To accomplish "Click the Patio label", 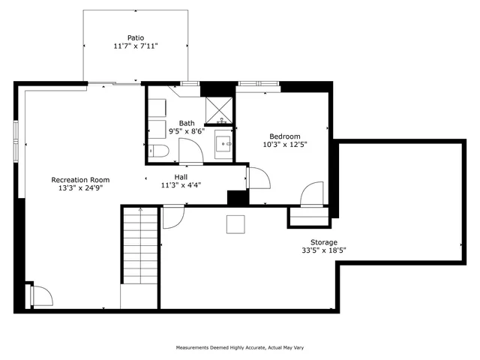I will pyautogui.click(x=135, y=37).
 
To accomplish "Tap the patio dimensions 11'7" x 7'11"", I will pyautogui.click(x=135, y=46).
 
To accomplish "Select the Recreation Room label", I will pyautogui.click(x=80, y=180).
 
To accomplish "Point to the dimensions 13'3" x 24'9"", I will pyautogui.click(x=80, y=189).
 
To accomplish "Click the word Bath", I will pyautogui.click(x=187, y=123).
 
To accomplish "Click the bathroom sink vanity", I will pyautogui.click(x=223, y=142).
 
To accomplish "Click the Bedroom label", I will pyautogui.click(x=285, y=136).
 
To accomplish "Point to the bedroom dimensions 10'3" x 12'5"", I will pyautogui.click(x=285, y=145).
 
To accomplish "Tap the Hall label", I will pyautogui.click(x=181, y=176).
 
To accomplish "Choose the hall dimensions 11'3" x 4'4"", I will pyautogui.click(x=181, y=185).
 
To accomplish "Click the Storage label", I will pyautogui.click(x=324, y=242).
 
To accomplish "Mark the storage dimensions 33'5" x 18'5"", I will pyautogui.click(x=324, y=251).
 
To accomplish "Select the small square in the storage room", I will pyautogui.click(x=236, y=224).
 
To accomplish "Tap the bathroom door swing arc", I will pyautogui.click(x=190, y=150).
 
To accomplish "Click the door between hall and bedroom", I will pyautogui.click(x=259, y=178).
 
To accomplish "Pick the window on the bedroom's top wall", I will pyautogui.click(x=253, y=82).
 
